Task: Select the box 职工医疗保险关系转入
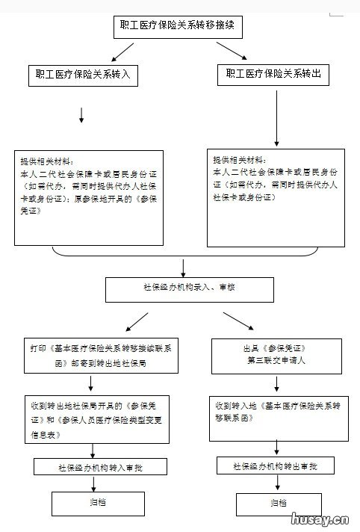click(x=82, y=75)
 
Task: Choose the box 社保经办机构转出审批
click(x=277, y=466)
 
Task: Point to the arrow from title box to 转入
click(x=122, y=52)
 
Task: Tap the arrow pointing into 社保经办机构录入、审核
click(x=183, y=267)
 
